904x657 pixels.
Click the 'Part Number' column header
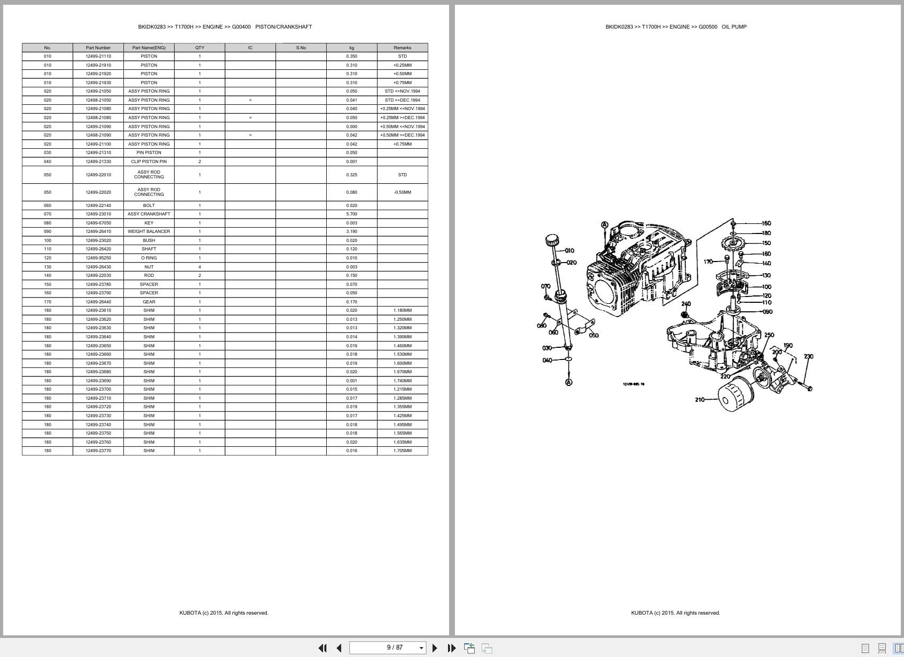coord(98,48)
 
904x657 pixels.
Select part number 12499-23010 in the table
coord(98,214)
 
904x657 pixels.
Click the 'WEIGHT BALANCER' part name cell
coord(149,231)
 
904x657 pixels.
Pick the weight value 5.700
coord(352,214)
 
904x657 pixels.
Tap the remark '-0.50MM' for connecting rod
coord(402,192)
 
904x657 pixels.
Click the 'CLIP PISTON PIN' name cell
coord(149,161)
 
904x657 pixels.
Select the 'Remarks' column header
coord(402,48)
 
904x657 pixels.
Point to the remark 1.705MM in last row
coord(402,451)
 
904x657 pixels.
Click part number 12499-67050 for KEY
coord(98,223)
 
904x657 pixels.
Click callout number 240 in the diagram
coord(686,304)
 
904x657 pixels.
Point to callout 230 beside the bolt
coord(808,356)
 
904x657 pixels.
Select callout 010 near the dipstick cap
coord(569,250)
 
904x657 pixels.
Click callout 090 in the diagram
coord(767,312)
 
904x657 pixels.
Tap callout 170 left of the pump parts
coord(708,262)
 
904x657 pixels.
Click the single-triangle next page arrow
coord(435,647)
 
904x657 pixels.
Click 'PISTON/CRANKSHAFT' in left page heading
coord(283,26)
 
